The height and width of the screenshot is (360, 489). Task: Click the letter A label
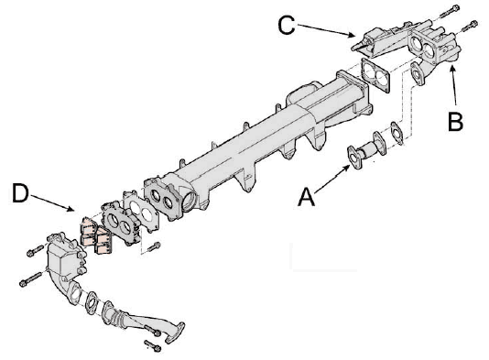tap(306, 197)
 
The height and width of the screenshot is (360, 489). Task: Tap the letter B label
tap(455, 121)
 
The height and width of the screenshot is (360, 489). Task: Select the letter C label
tap(287, 25)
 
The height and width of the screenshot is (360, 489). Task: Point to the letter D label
tap(20, 193)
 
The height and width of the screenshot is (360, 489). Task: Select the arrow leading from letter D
tap(52, 203)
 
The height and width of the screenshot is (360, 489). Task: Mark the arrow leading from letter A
tap(332, 179)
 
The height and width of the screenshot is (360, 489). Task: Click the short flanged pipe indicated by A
tap(366, 151)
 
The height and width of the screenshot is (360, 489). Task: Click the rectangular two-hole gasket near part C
tap(375, 75)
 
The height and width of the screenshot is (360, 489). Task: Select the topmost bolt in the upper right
tap(450, 11)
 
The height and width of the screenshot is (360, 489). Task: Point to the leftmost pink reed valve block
tap(87, 231)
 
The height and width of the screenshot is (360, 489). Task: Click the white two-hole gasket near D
tap(141, 212)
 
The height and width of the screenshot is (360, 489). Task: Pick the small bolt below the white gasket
tap(154, 247)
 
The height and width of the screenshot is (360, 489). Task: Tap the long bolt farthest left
tap(30, 279)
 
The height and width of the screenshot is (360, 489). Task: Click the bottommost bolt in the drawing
tap(153, 346)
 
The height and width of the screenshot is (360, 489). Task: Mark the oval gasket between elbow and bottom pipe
tap(91, 302)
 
